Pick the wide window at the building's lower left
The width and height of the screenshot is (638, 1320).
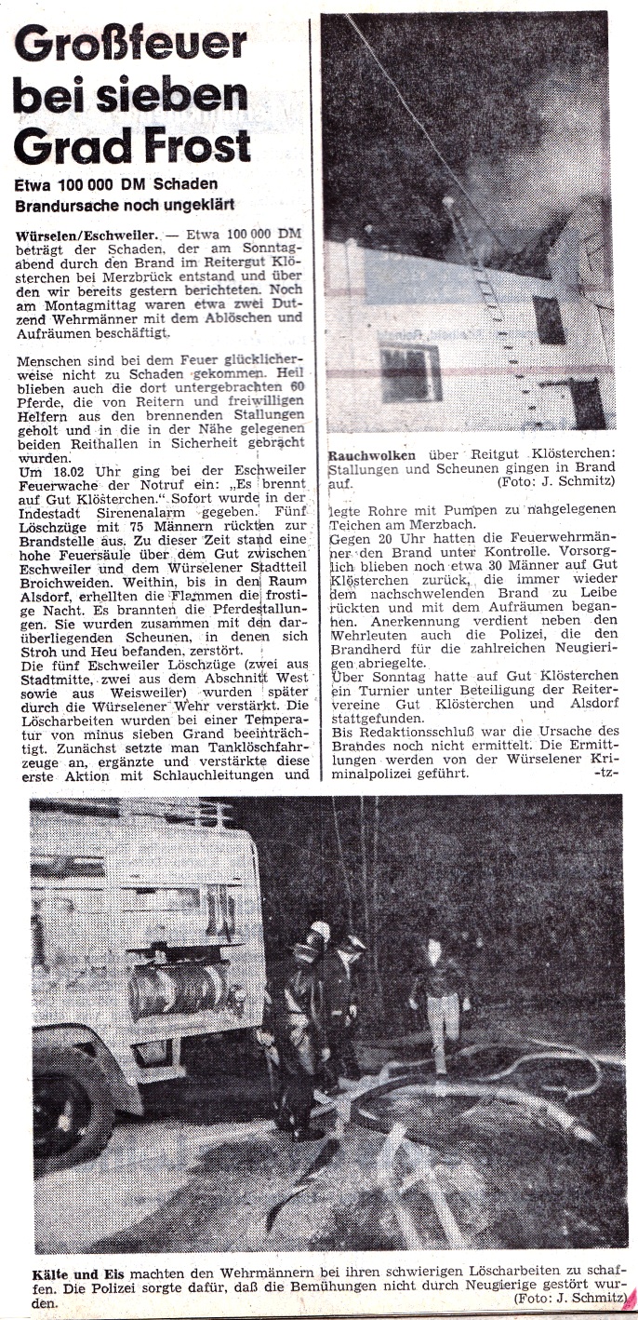[409, 370]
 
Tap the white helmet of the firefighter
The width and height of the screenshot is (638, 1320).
[319, 930]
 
